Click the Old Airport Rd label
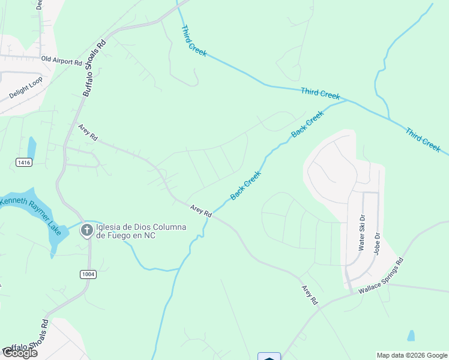(x=61, y=61)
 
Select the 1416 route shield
(x=24, y=163)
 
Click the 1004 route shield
(x=88, y=274)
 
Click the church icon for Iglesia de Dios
(x=87, y=230)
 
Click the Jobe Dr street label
(x=378, y=244)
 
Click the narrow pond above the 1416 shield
(x=31, y=147)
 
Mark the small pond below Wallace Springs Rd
(x=411, y=335)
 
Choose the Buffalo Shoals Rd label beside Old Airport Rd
(x=94, y=68)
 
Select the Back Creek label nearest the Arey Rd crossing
(x=246, y=185)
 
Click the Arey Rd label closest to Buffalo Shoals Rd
(x=88, y=132)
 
